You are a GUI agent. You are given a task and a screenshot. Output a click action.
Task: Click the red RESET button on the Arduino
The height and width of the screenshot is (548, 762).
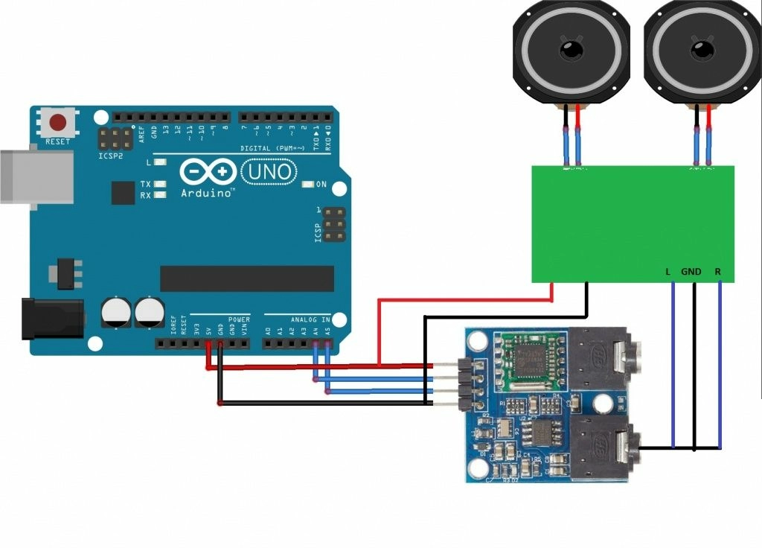click(58, 122)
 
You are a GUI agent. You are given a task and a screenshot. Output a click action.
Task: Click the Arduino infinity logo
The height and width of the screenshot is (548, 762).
click(208, 173)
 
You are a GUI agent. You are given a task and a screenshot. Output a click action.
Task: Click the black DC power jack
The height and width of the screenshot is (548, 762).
click(52, 318)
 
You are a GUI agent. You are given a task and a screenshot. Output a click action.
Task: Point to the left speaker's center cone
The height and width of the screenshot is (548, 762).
click(571, 51)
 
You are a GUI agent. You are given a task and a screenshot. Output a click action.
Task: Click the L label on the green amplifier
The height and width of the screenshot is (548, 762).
click(667, 272)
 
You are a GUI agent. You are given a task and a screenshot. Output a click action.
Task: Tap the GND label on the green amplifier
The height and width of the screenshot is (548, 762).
click(691, 272)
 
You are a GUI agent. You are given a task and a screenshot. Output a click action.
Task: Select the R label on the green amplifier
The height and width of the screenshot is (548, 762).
click(717, 272)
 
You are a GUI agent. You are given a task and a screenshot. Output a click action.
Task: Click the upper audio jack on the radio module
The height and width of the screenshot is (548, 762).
click(606, 357)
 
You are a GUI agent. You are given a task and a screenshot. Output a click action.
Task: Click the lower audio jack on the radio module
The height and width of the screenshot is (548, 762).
click(606, 445)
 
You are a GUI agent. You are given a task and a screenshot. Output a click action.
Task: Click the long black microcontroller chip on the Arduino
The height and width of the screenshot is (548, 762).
click(247, 278)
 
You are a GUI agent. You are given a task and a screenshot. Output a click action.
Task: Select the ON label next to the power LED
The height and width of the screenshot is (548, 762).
click(321, 184)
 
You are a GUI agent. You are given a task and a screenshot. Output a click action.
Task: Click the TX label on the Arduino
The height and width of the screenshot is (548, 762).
click(146, 183)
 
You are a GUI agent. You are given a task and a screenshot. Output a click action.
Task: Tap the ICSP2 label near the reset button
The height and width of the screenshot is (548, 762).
click(109, 156)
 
